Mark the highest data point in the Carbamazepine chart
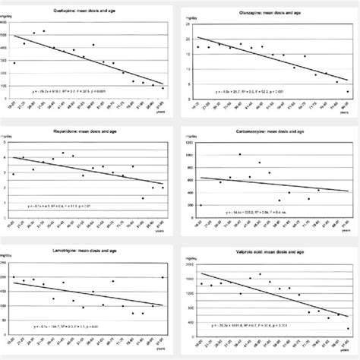(x=240, y=154)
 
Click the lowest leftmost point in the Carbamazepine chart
(x=201, y=205)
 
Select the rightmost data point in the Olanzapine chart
(x=348, y=91)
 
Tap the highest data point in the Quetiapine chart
(x=44, y=31)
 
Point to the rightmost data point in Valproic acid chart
(x=348, y=329)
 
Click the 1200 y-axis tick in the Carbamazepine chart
(x=189, y=144)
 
